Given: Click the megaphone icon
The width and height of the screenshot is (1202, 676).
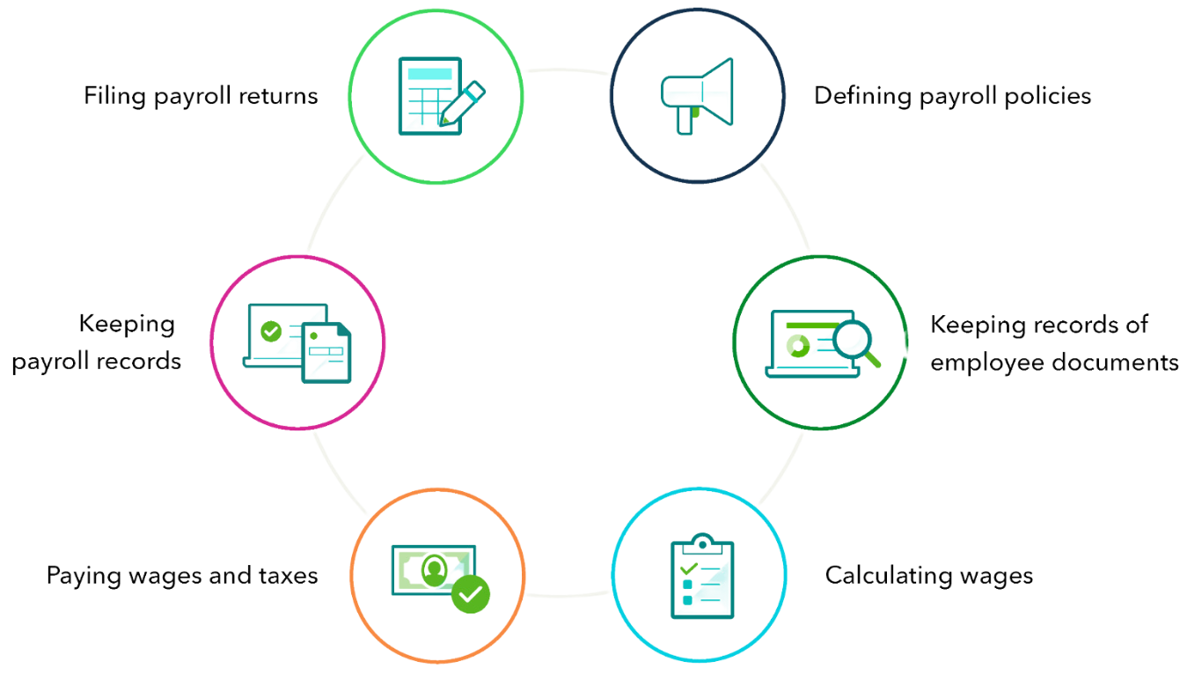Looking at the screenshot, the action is pos(697,96).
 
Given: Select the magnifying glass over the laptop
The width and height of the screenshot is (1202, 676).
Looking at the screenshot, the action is pos(856,343).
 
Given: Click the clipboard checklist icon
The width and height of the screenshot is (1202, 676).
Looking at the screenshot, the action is pos(702,576).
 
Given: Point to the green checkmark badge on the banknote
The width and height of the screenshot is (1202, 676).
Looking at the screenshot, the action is pos(471,594).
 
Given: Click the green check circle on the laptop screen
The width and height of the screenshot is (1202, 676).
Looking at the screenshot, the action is pos(271,331).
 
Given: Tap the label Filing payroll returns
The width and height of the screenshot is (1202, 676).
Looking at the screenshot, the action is pos(201,97).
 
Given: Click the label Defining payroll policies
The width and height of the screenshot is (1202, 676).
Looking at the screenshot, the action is pos(952,97).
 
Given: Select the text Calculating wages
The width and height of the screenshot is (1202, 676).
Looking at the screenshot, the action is pos(929,577).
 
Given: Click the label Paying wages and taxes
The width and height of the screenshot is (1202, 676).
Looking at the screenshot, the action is pos(182,577).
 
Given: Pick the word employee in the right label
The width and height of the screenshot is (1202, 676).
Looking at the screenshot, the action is pos(987,364).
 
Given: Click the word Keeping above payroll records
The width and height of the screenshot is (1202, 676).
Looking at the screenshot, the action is pos(127,325).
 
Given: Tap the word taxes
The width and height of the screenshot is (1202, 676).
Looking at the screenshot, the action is pos(289,576).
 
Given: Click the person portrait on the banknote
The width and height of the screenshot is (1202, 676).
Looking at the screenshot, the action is pos(434,569).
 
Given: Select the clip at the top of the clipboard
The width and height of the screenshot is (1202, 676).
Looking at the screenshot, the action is pos(702,543).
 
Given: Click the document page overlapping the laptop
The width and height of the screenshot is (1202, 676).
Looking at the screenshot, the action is pos(326,352).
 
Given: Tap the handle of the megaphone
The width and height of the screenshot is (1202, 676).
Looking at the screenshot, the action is pos(685,121).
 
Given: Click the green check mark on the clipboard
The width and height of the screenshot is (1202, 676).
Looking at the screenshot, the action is pos(688,568).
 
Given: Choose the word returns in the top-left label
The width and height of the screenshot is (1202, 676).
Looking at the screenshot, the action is pos(278,97).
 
